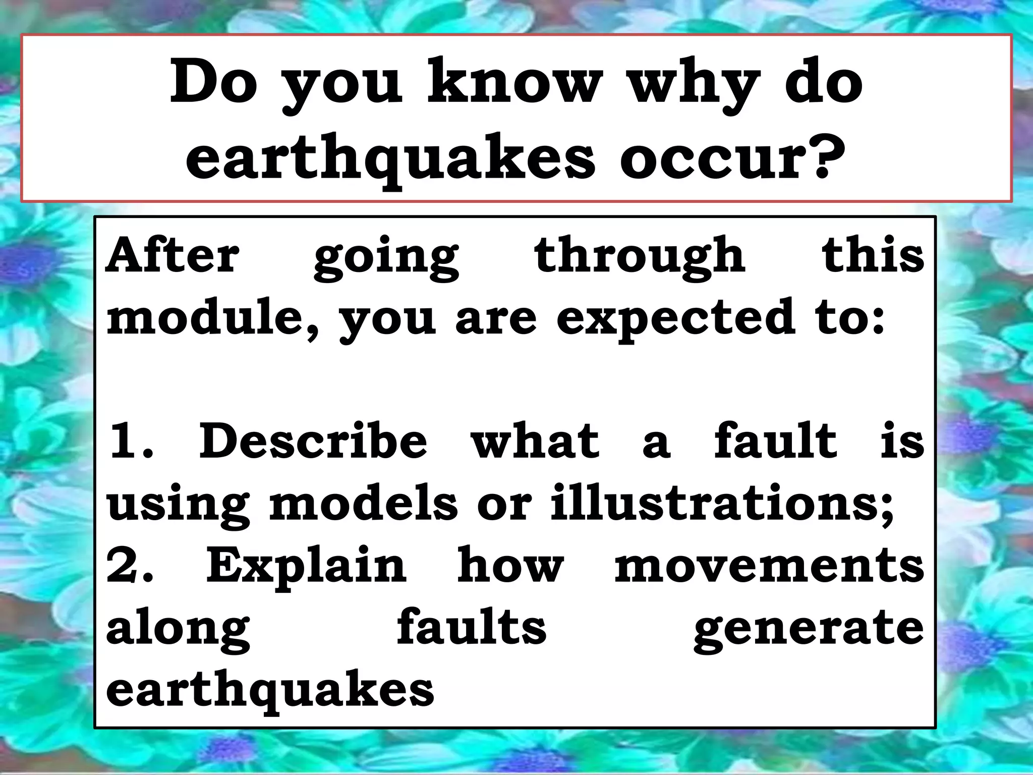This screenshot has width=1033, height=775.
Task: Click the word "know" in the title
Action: click(x=514, y=83)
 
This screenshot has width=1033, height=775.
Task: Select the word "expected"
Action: click(x=676, y=320)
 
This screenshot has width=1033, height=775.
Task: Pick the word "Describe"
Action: click(x=313, y=441)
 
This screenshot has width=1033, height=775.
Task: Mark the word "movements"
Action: click(x=769, y=565)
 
